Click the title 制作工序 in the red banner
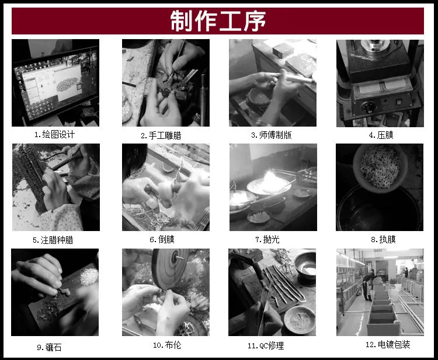click(218, 21)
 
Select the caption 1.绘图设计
click(54, 135)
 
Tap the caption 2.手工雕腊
click(161, 135)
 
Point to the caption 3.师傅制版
click(271, 135)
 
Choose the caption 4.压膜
click(381, 135)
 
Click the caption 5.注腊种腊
click(53, 240)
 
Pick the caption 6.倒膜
click(162, 239)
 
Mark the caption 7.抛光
click(267, 239)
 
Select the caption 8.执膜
click(383, 239)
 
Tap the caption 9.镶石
click(49, 347)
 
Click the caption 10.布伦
click(167, 345)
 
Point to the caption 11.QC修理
click(266, 346)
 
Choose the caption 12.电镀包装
click(388, 345)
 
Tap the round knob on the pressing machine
click(368, 107)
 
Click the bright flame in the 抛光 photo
click(271, 181)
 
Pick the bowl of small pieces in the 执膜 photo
click(380, 167)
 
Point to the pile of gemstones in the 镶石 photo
click(89, 277)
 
